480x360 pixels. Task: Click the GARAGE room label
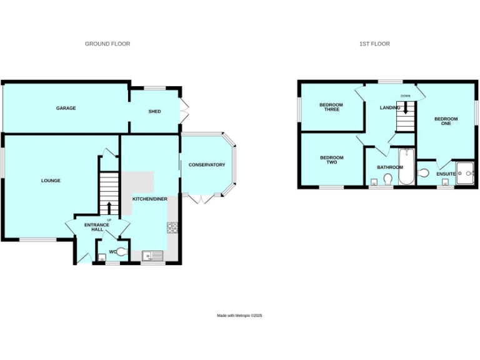[x=66, y=108]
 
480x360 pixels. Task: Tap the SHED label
[x=154, y=111]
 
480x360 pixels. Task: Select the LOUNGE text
[x=51, y=181]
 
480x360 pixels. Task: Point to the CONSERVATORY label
[x=207, y=165]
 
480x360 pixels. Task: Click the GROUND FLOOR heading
[x=107, y=44]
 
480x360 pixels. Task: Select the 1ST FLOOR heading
[x=374, y=44]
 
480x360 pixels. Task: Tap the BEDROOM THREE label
[x=331, y=107]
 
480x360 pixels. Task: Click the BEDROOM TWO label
[x=332, y=160]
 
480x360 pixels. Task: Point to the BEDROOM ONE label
[x=446, y=121]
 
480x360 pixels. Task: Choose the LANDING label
[x=389, y=107]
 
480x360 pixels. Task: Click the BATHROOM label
[x=389, y=167]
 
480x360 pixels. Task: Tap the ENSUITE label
[x=446, y=174]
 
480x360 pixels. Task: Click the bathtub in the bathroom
[x=406, y=167]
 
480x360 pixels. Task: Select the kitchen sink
[x=152, y=255]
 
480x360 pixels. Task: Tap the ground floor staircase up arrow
[x=109, y=207]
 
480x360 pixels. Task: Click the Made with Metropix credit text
[x=239, y=316]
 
